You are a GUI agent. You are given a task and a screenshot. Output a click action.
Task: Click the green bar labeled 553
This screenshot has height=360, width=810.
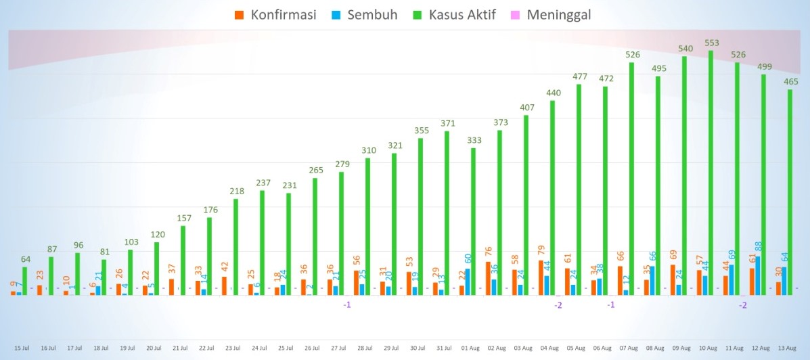tap(711, 173)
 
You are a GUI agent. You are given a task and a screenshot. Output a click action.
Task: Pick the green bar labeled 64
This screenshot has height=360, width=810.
tap(25, 281)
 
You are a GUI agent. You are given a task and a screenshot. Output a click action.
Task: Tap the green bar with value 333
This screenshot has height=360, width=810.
tap(474, 221)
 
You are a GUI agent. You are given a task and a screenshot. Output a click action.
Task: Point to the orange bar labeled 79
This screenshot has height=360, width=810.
tap(541, 277)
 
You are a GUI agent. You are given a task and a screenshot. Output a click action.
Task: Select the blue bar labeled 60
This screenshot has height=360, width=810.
tap(468, 282)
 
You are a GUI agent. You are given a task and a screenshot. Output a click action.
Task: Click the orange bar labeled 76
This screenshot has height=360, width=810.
tap(489, 278)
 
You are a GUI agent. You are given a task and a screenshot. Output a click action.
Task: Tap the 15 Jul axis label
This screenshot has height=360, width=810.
tap(21, 348)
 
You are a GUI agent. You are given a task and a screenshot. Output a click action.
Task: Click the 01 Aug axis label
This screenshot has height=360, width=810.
tap(470, 348)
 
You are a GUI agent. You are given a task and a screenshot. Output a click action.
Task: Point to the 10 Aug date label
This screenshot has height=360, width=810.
tap(708, 348)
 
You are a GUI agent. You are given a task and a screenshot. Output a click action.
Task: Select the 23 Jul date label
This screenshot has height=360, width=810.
tap(232, 348)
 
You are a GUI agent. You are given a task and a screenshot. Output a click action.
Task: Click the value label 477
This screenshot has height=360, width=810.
tap(580, 76)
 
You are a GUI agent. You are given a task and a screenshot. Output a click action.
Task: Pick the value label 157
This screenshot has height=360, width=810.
tap(184, 218)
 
